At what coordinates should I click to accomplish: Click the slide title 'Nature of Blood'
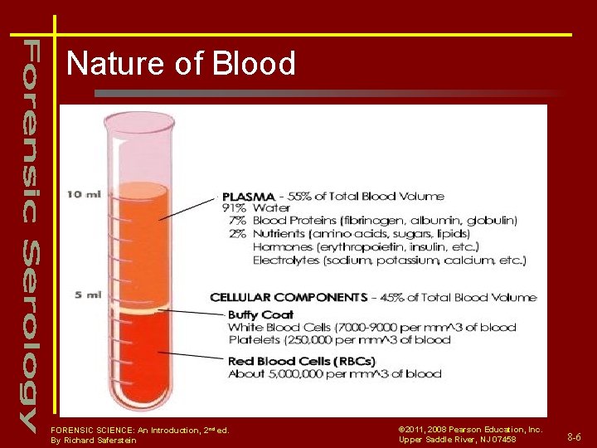(181, 64)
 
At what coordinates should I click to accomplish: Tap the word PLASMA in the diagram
(246, 197)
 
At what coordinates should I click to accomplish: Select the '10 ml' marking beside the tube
(84, 195)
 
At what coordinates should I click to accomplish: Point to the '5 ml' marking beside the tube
(87, 295)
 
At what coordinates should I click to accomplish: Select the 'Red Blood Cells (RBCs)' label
(301, 361)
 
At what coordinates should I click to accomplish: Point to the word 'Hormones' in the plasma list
(282, 247)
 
